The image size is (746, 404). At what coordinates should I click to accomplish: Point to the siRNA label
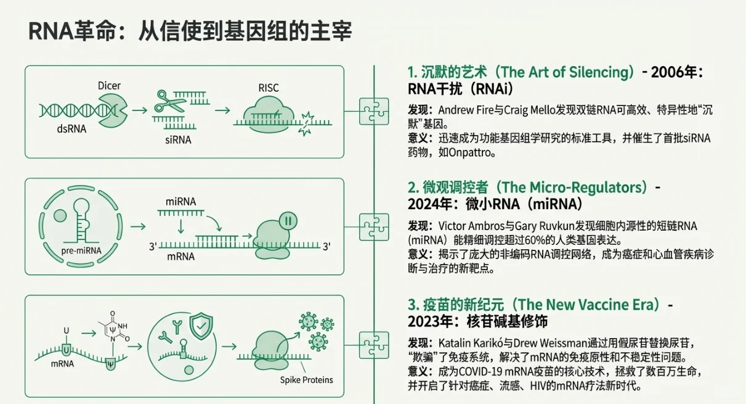click(x=178, y=140)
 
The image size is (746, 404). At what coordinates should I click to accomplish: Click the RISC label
click(x=269, y=88)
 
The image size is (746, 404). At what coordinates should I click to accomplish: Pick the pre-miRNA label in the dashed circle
click(x=81, y=251)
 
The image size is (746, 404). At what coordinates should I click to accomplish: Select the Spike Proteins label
click(x=306, y=379)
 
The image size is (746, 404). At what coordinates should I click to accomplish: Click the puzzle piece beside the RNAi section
click(x=374, y=111)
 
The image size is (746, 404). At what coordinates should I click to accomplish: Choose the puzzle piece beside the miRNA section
click(x=374, y=227)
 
